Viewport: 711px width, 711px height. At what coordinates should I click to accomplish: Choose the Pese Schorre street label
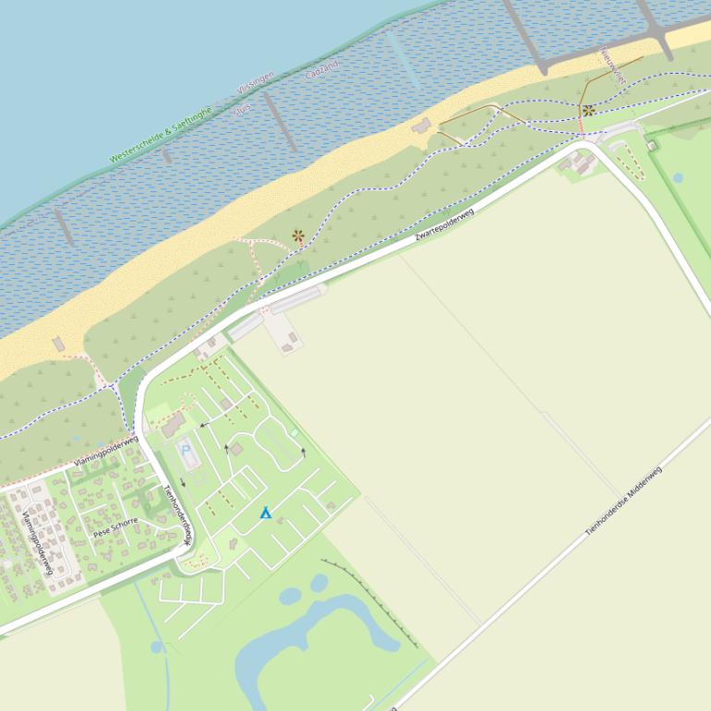click(x=114, y=527)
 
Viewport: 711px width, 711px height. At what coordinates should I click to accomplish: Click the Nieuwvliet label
click(x=612, y=66)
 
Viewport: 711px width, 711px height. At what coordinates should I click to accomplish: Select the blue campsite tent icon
click(x=266, y=512)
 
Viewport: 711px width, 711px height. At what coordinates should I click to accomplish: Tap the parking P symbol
click(x=187, y=450)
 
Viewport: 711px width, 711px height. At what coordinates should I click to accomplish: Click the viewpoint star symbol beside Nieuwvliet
click(x=588, y=111)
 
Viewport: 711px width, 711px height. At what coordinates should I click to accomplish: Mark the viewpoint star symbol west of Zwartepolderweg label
click(x=297, y=235)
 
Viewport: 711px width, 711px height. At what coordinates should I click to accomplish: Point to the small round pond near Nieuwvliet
click(x=678, y=178)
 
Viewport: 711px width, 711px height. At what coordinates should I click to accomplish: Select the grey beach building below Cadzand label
click(x=422, y=125)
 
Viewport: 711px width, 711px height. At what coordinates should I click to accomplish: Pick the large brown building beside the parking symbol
click(x=173, y=426)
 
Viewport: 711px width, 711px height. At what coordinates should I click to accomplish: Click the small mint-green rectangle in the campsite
click(x=295, y=432)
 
